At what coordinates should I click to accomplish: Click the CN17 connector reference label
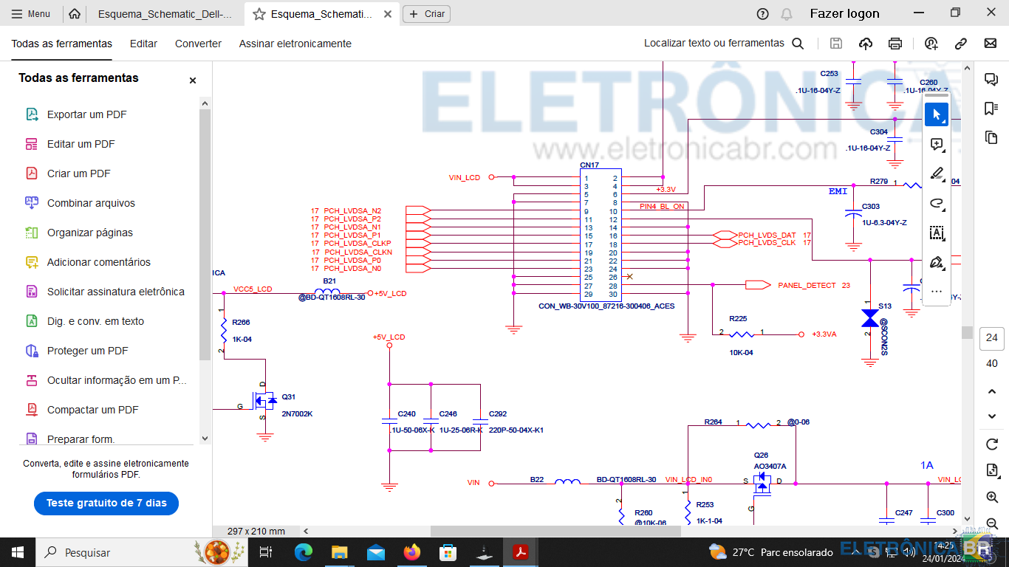pyautogui.click(x=589, y=165)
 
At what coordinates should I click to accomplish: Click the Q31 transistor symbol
pyautogui.click(x=264, y=401)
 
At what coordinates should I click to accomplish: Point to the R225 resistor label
pyautogui.click(x=738, y=319)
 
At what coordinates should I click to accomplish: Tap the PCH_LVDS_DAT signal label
pyautogui.click(x=767, y=235)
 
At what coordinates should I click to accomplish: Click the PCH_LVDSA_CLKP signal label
pyautogui.click(x=358, y=244)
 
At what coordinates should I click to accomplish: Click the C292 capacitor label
pyautogui.click(x=498, y=414)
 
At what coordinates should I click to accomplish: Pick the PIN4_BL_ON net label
pyautogui.click(x=662, y=207)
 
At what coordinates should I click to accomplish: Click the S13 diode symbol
pyautogui.click(x=870, y=318)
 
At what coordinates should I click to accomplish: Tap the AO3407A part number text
pyautogui.click(x=770, y=467)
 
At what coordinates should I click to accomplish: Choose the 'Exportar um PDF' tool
pyautogui.click(x=86, y=114)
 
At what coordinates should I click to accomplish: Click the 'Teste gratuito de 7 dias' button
pyautogui.click(x=106, y=503)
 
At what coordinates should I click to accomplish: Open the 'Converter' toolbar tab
pyautogui.click(x=198, y=44)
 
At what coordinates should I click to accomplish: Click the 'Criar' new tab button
pyautogui.click(x=426, y=14)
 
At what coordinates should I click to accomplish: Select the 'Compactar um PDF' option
pyautogui.click(x=92, y=410)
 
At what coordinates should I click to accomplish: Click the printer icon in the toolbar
pyautogui.click(x=895, y=44)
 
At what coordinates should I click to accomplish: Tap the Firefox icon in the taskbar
pyautogui.click(x=411, y=552)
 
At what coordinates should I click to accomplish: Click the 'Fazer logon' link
pyautogui.click(x=844, y=14)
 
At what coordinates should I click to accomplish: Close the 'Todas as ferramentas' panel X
pyautogui.click(x=193, y=80)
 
